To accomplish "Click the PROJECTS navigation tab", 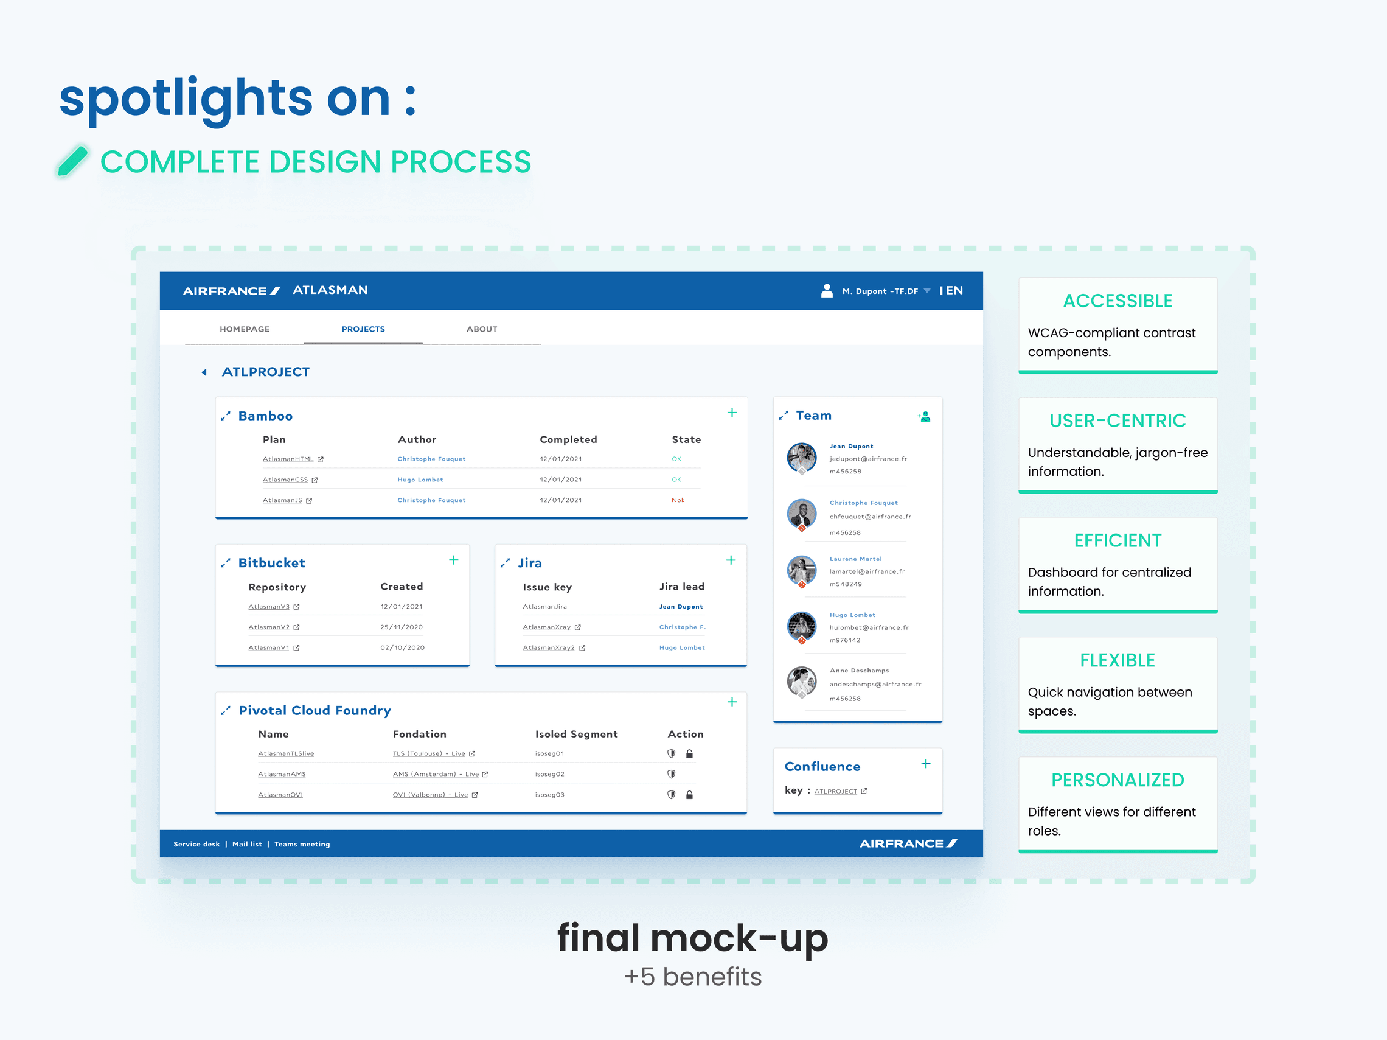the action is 363,329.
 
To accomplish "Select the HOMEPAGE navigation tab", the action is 245,329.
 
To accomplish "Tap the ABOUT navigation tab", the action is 482,329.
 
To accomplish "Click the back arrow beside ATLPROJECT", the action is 204,372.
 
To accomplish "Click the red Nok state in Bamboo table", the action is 678,500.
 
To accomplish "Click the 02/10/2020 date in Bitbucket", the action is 403,647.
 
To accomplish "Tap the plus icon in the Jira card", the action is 731,560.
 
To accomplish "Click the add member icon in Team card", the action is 923,417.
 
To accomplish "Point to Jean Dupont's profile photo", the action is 801,458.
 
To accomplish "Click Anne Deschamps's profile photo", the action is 801,682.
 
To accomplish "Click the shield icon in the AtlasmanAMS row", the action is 671,774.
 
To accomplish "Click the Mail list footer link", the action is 247,844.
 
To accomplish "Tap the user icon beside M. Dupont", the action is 827,290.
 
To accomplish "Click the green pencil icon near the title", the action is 73,161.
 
